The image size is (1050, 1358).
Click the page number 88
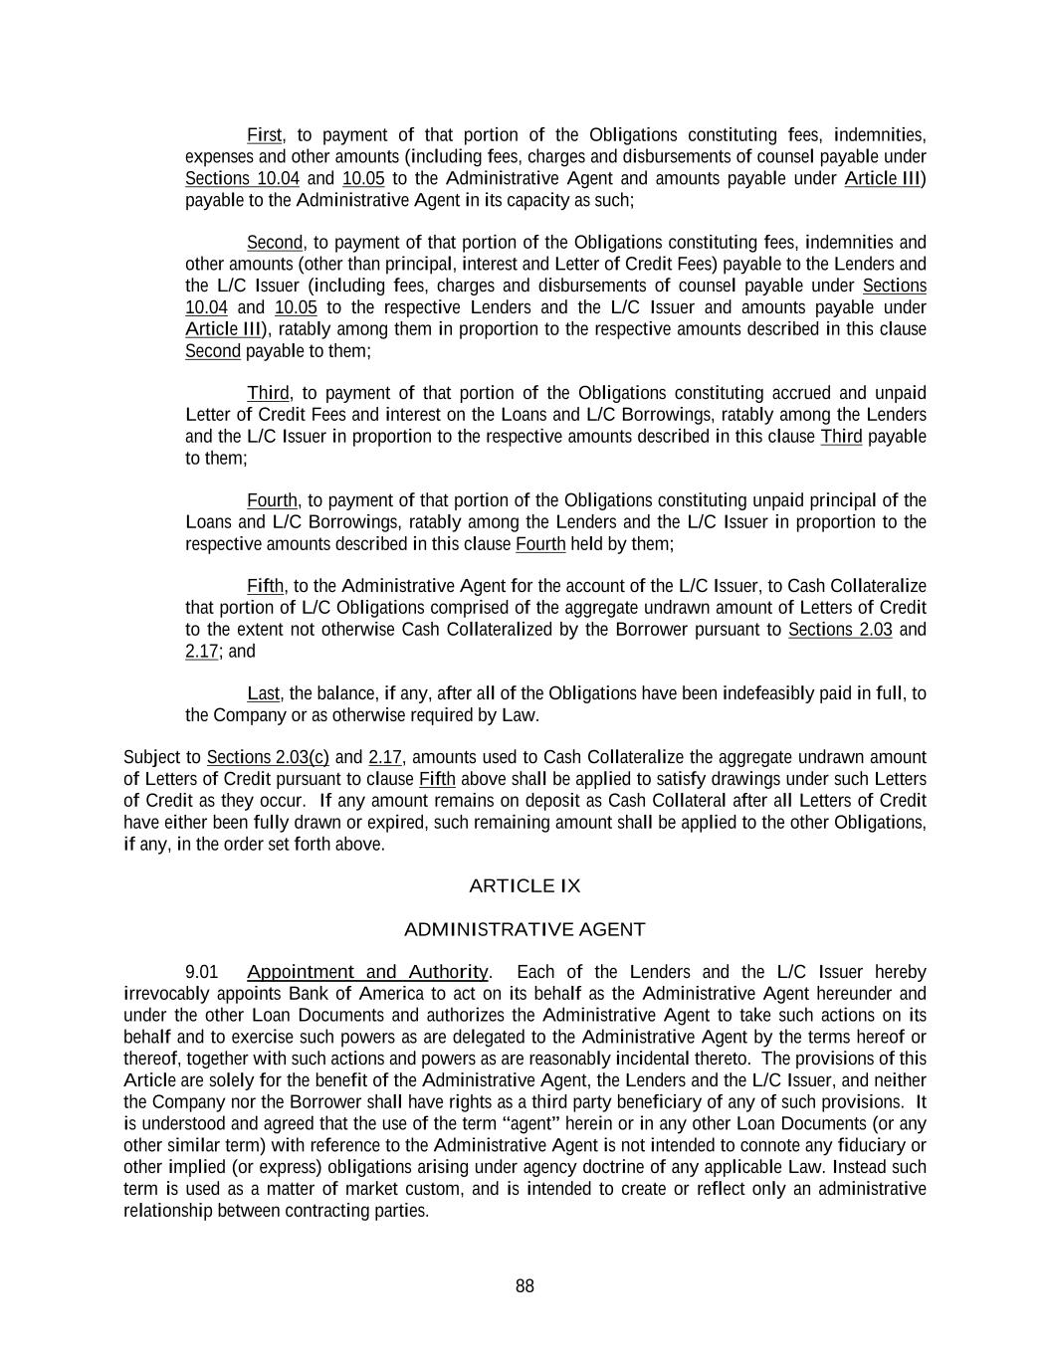(x=525, y=1286)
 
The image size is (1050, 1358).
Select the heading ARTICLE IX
(x=525, y=885)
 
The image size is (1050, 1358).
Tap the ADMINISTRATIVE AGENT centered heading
(x=525, y=929)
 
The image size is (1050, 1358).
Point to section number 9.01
(x=202, y=972)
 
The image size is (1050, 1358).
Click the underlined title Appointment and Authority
(x=367, y=972)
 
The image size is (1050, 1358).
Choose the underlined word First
(x=265, y=134)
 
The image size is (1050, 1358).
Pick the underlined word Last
(x=264, y=693)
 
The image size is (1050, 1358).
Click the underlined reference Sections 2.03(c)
(x=268, y=757)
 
